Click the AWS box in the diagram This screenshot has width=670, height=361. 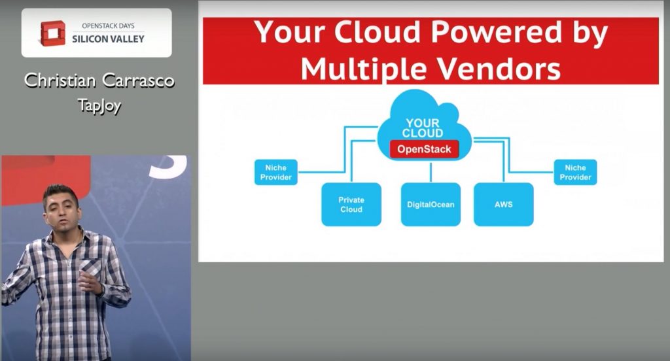(503, 204)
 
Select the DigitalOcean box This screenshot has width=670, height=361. (431, 204)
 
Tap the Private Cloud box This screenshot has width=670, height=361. (351, 204)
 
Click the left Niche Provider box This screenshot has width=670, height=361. (275, 172)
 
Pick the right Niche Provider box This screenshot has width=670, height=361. (575, 172)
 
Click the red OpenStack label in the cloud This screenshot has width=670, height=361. (424, 149)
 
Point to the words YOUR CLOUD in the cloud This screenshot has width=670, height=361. (423, 128)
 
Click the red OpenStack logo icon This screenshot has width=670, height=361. (53, 33)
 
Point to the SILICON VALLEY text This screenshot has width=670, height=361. (108, 39)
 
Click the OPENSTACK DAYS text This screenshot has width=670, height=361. (108, 26)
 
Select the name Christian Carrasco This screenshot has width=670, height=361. (99, 80)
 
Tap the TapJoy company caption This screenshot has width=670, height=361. (99, 105)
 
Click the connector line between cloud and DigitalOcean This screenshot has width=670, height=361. (431, 172)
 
